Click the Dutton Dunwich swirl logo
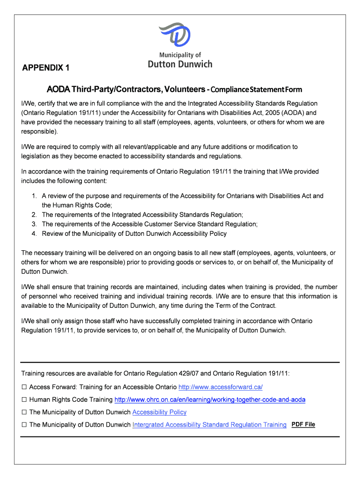coord(174,34)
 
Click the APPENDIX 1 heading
coord(46,68)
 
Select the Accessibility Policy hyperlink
coord(159,412)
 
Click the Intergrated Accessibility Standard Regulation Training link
coord(209,425)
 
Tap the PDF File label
coord(303,424)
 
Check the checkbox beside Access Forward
coord(24,387)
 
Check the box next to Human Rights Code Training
coord(24,400)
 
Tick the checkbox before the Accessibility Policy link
coord(24,413)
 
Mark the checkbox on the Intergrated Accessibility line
coord(24,425)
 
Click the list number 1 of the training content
coord(34,196)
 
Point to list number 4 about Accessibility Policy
coord(34,233)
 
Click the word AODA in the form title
coord(58,89)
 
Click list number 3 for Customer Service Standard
coord(34,224)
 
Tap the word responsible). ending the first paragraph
coord(39,131)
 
